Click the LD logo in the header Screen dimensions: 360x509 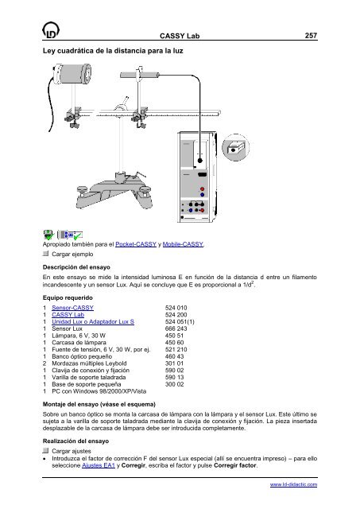51,30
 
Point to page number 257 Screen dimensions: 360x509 311,36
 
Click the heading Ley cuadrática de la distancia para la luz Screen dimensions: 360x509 113,51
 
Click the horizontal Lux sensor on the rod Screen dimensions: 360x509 140,75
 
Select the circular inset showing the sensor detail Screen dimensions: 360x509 235,147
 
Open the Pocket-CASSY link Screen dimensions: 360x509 136,244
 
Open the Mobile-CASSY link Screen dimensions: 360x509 183,244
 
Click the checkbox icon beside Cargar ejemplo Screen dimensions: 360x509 46,254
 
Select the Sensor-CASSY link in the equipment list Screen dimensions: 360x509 72,308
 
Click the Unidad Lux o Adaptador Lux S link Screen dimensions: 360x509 93,321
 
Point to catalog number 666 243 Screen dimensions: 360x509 176,328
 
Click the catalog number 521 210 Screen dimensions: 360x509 176,350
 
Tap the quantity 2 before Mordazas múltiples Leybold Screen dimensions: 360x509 45,363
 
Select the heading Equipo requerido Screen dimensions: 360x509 68,297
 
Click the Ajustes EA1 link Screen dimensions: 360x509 99,465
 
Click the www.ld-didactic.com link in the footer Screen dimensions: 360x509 293,484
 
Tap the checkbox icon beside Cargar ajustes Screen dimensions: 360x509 46,451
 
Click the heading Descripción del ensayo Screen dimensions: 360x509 76,267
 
